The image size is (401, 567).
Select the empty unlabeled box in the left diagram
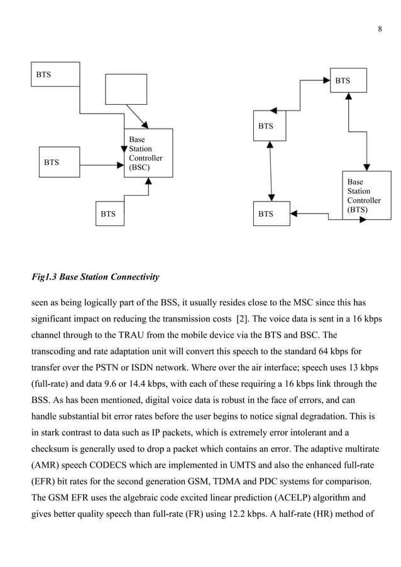click(x=126, y=89)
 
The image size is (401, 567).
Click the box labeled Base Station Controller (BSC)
click(x=148, y=153)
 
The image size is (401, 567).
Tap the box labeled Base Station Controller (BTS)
click(x=366, y=195)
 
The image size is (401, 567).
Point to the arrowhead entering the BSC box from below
click(x=148, y=181)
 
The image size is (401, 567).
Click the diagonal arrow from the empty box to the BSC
click(x=136, y=116)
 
